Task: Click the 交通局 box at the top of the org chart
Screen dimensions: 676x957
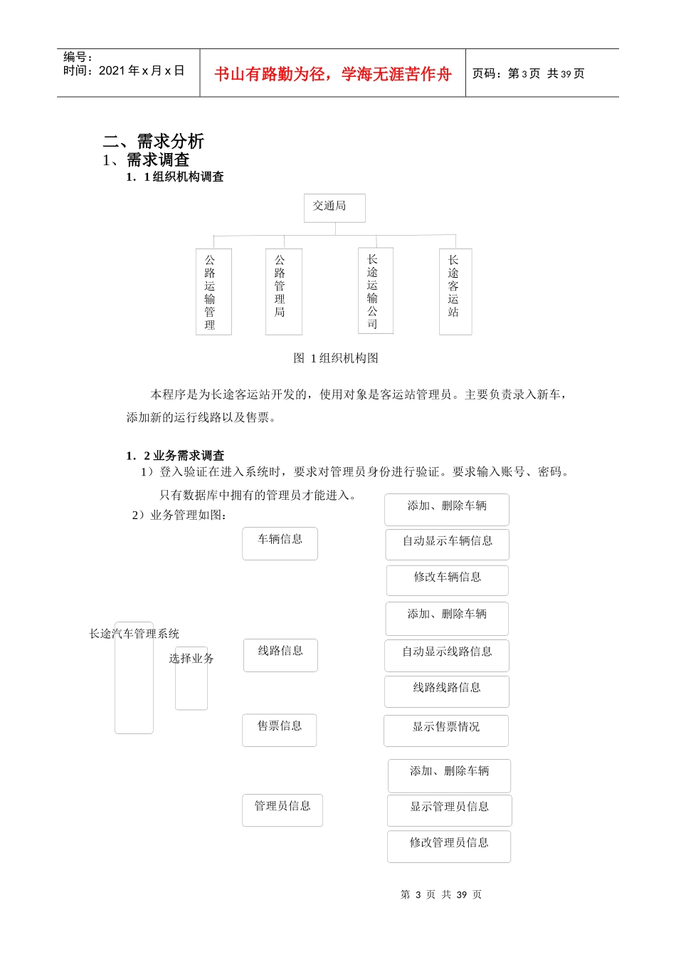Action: pos(334,207)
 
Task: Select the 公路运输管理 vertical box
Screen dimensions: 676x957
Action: pos(213,291)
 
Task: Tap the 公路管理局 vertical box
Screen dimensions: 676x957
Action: pos(283,291)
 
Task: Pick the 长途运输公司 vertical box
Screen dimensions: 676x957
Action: pos(375,291)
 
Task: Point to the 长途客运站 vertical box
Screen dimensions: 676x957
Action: pos(455,291)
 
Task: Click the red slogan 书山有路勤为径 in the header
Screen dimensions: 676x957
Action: pos(333,74)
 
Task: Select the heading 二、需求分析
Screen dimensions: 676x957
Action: pos(154,141)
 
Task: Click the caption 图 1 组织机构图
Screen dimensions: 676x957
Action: pos(336,358)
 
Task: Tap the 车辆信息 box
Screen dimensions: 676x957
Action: pos(280,543)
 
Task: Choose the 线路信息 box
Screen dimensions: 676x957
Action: pos(280,654)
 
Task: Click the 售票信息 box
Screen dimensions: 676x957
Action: pos(280,730)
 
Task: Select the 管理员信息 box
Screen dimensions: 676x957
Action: pos(282,810)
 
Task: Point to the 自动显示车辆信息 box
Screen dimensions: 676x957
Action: pos(447,544)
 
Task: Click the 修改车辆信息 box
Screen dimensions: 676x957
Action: pos(447,580)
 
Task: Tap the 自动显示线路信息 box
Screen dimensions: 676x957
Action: pos(447,655)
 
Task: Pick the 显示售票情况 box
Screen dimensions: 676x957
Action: pos(446,730)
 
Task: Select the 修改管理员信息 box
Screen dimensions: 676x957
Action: pos(449,846)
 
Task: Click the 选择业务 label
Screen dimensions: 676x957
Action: pos(191,659)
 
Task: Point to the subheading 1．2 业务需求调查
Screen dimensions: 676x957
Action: pos(175,456)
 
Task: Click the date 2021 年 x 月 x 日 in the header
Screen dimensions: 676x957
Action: pos(141,71)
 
